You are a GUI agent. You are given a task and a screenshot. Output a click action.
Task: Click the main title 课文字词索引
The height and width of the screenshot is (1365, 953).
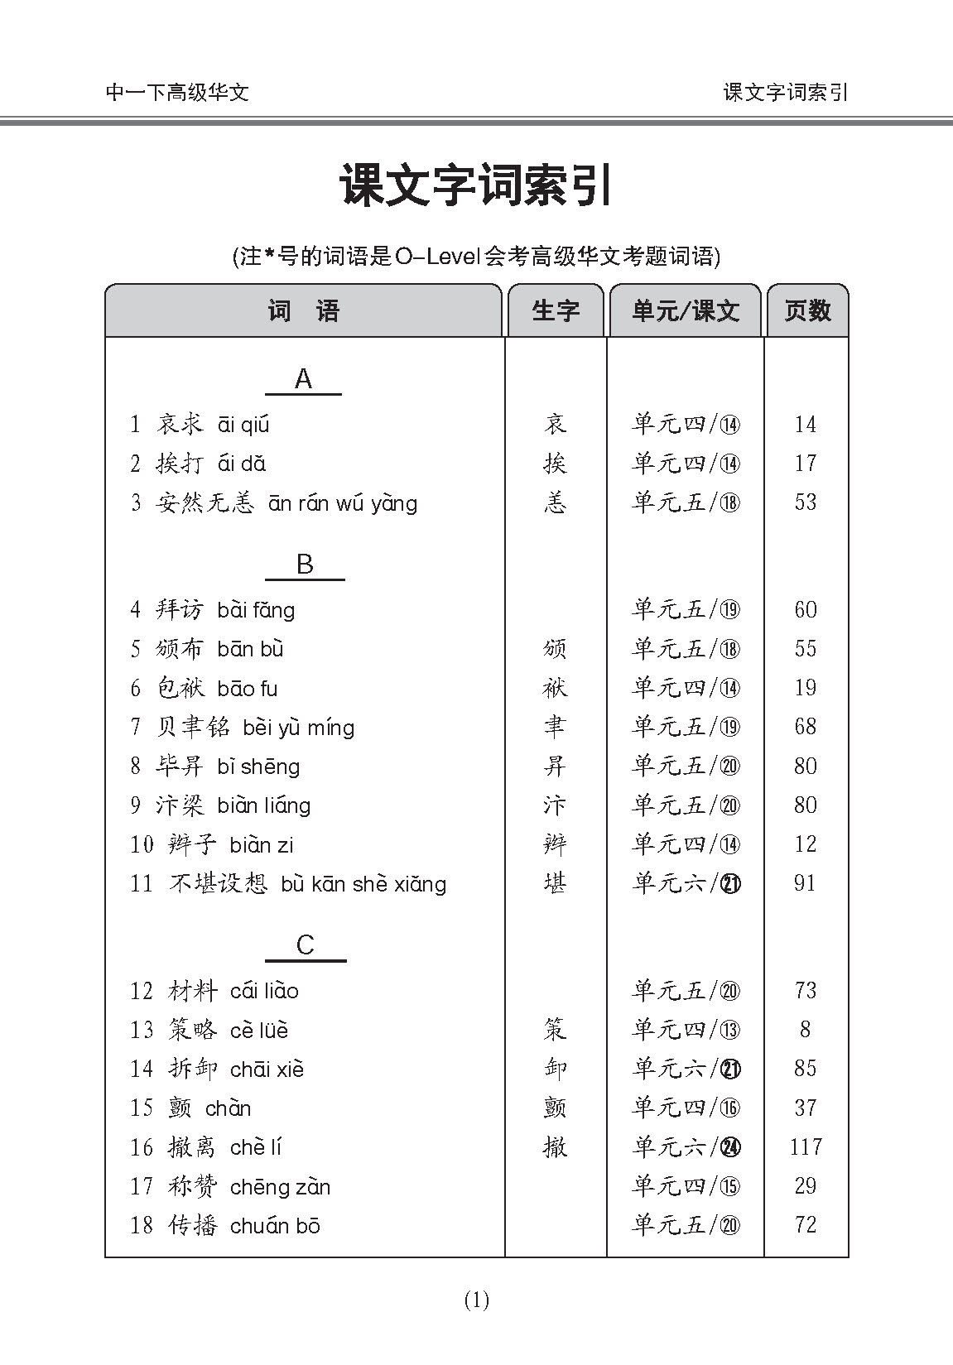pos(476,185)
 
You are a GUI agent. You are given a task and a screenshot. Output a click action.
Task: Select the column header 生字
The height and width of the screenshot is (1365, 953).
pos(556,311)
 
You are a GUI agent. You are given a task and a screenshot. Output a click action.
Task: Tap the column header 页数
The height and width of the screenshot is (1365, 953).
pos(807,311)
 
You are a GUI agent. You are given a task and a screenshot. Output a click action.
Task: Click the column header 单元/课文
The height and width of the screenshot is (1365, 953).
pos(685,311)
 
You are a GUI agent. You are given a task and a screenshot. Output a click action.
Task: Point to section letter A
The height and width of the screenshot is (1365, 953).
pos(303,379)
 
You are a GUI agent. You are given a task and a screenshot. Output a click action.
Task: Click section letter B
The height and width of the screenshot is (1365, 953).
pos(304,565)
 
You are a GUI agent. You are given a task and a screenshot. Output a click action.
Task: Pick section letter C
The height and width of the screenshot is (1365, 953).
pos(305,945)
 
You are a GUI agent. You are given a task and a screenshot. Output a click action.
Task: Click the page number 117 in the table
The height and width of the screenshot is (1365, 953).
pos(806,1147)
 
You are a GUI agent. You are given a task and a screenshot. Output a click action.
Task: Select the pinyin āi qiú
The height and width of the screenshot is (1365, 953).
pos(243,425)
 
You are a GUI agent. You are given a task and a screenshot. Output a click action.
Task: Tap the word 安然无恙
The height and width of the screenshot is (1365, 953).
pos(205,503)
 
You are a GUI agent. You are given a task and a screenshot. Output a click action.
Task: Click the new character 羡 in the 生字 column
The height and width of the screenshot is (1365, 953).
pos(555,503)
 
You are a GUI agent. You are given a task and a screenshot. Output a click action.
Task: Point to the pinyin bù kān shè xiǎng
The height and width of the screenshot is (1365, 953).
pos(363,884)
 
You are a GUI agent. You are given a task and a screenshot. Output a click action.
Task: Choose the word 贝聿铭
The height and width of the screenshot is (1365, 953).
pos(193,728)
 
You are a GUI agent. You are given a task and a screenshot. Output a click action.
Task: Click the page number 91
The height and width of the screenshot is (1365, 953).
pos(805,883)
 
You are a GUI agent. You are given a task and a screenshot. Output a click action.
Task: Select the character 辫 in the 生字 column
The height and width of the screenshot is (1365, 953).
pos(555,845)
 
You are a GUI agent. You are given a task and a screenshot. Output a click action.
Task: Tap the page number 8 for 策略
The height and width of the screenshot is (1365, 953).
pos(805,1030)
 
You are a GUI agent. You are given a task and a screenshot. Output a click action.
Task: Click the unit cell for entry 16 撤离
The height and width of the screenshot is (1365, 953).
pos(686,1147)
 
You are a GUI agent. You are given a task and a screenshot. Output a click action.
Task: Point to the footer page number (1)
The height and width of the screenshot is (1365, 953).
pos(477,1300)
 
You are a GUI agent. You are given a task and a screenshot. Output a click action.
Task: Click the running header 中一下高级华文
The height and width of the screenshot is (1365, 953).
pos(177,92)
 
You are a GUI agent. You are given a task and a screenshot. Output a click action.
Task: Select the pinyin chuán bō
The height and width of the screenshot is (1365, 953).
pos(275,1226)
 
